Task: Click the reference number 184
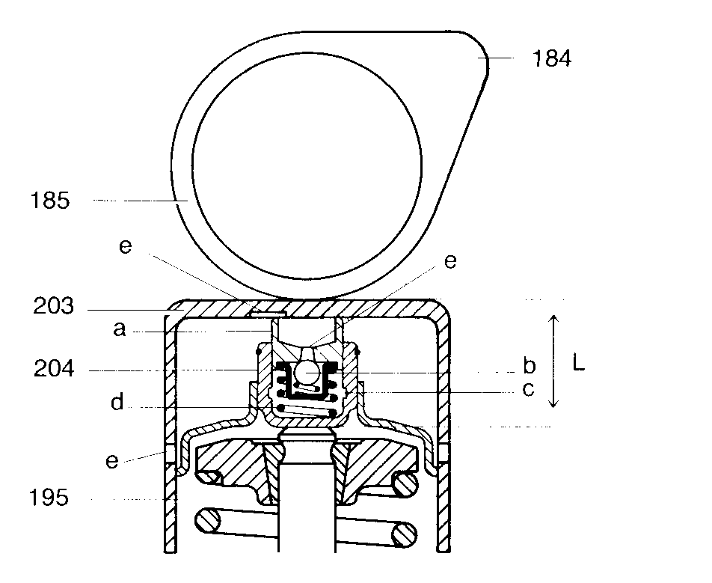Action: point(552,58)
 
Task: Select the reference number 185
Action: point(50,201)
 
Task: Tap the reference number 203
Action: point(53,306)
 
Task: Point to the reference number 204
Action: point(54,368)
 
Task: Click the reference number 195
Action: point(49,498)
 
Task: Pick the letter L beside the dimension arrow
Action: point(578,363)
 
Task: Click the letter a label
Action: point(119,329)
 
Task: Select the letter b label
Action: point(529,365)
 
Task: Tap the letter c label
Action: point(528,390)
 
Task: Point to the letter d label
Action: point(117,402)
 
